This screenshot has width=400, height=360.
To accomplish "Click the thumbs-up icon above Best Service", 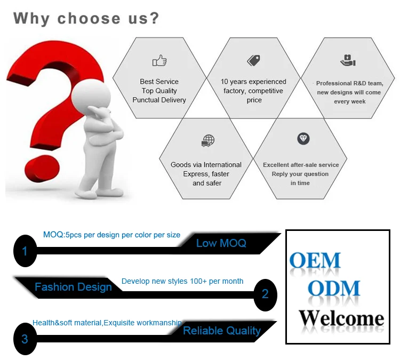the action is coord(159,61).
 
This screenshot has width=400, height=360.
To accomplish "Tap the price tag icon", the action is coord(253,60).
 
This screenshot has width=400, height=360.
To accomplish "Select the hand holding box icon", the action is coord(348,60).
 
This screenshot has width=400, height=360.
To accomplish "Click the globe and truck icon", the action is coord(208,141).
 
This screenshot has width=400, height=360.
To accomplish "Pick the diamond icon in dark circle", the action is coord(303,139).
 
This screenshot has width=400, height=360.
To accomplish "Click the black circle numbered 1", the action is coord(25,251).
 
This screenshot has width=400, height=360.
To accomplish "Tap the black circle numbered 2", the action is coord(265,295).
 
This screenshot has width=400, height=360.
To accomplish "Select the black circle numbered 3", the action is coord(25,339).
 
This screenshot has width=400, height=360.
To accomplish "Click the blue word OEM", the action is coord(315,260).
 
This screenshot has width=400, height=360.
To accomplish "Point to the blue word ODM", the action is coord(334,289).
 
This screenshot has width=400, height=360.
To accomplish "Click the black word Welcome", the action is coord(341,318).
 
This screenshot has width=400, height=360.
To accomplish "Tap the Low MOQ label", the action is coord(221,243).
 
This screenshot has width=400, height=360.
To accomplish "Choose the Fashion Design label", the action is coord(73,287).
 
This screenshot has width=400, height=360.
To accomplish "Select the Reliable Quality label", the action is coord(222,331).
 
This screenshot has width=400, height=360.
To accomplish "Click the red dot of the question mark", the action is coord(42,169).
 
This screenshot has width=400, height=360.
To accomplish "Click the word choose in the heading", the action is coord(89,18).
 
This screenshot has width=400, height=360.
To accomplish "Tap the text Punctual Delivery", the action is coord(159,100).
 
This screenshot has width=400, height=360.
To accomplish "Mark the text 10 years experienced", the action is coord(253,82).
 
